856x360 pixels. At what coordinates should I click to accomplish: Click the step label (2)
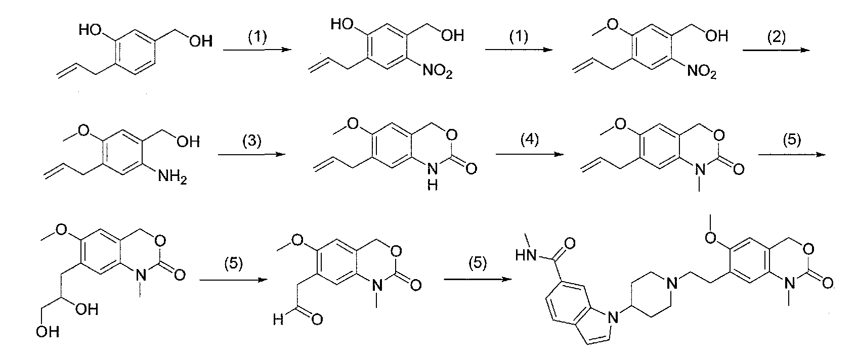tap(777, 37)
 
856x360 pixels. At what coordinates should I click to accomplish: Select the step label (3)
tap(252, 141)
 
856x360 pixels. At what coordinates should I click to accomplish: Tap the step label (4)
tap(529, 140)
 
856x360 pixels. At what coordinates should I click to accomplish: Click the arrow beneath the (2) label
tap(776, 50)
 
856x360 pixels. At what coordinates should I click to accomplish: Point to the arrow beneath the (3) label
tap(252, 154)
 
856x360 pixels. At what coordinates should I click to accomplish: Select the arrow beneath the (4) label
tap(530, 154)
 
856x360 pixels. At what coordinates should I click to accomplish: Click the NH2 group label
tap(173, 176)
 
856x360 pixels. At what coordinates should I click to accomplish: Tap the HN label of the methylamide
tap(526, 255)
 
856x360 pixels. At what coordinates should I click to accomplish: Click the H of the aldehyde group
tap(278, 319)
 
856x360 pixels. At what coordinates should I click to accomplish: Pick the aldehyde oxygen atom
tap(317, 319)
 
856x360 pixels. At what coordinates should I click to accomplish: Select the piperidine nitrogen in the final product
tap(672, 283)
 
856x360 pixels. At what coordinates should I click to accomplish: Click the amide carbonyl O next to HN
tap(569, 243)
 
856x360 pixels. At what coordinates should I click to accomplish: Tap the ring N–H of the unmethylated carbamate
tap(433, 176)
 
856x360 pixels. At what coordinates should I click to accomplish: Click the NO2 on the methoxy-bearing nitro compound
tap(702, 71)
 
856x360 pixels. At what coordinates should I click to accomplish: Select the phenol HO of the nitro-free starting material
tap(90, 29)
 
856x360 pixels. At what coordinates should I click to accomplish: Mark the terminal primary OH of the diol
tap(48, 332)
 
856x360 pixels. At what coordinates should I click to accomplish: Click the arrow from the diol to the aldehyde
tap(233, 280)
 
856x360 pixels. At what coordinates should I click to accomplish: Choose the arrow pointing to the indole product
tap(478, 279)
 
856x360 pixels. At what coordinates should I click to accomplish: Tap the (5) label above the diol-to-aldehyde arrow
tap(233, 263)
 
